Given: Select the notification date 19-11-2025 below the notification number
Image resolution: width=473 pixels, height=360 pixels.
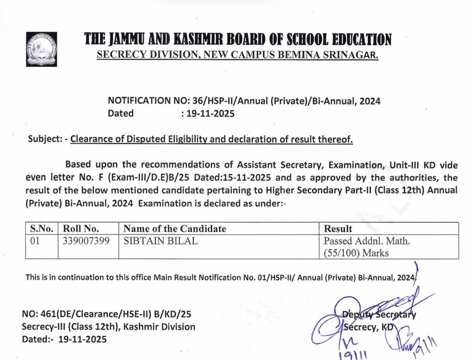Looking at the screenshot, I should click(208, 114).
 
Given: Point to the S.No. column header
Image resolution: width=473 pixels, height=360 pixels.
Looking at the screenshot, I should click(42, 228).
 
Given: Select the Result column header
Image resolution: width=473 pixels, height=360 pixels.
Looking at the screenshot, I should click(338, 228).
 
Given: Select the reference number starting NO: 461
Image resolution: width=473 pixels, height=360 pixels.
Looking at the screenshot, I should click(107, 315).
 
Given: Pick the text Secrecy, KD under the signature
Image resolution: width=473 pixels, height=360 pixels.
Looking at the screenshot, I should click(368, 327).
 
